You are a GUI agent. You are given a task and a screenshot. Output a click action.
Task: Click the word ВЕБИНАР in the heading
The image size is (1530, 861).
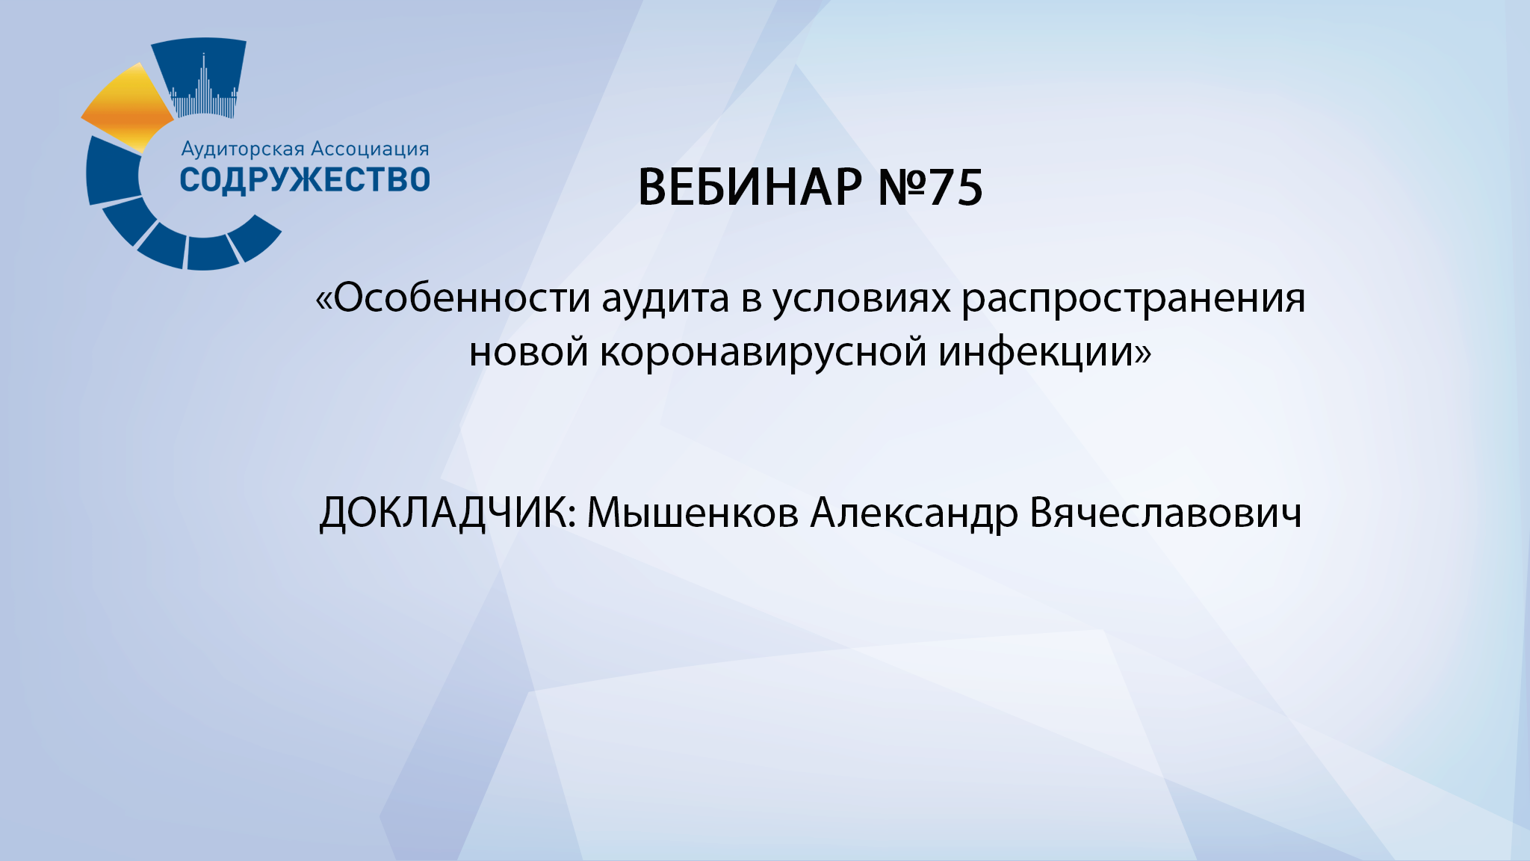(x=749, y=187)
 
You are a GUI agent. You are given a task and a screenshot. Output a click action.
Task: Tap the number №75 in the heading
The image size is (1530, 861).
(x=930, y=187)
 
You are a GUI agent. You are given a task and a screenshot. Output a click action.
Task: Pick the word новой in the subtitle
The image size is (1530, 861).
(x=528, y=351)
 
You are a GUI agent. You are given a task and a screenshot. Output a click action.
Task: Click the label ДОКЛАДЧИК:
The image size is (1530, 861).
(x=447, y=514)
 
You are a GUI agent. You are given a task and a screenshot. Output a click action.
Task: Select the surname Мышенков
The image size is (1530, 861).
(x=693, y=514)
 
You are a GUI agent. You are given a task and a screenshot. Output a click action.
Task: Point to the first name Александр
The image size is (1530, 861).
(x=914, y=514)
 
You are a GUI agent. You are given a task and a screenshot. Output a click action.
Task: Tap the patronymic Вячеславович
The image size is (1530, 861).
(x=1165, y=514)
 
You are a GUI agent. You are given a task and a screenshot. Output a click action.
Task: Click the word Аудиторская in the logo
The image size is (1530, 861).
(x=243, y=149)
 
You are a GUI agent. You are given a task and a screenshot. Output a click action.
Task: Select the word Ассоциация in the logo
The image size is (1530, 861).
(x=370, y=149)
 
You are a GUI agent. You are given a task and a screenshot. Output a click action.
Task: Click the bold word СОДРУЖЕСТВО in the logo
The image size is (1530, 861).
(x=305, y=180)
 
